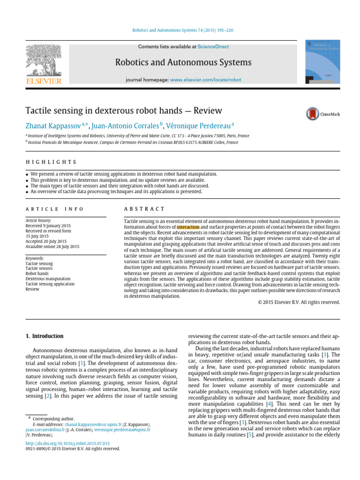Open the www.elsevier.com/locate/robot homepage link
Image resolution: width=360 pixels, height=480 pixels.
pos(206,80)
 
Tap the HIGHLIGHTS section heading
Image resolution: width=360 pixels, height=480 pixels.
pos(51,162)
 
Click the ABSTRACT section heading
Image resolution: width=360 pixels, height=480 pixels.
pos(144,209)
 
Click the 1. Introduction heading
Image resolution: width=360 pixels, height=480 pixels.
pos(44,336)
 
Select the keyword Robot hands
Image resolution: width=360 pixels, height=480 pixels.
pos(37,273)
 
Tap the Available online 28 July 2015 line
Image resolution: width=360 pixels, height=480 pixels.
pos(52,247)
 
